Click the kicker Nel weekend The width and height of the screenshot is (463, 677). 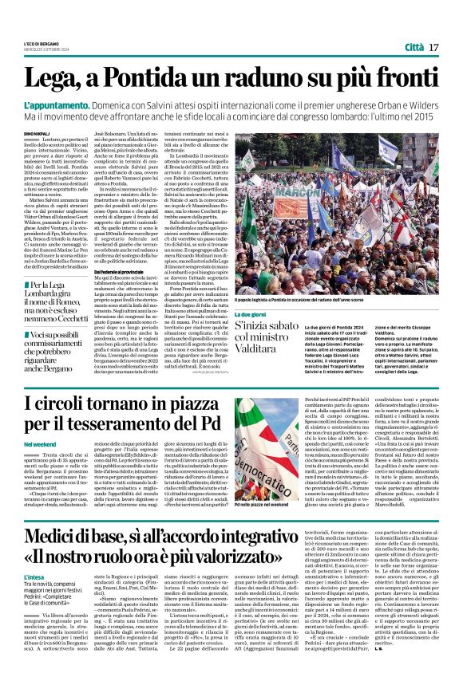[39, 443]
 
